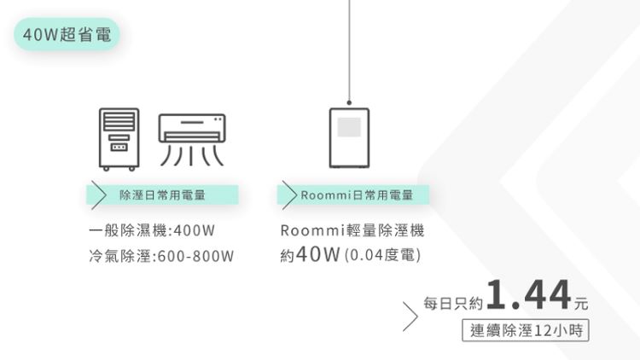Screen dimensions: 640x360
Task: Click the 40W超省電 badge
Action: (67, 34)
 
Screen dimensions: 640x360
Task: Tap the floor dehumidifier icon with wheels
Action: (119, 139)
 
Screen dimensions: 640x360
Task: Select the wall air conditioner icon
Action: (192, 140)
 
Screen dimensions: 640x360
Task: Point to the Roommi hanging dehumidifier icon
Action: (349, 138)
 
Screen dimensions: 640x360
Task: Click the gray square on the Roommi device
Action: (349, 127)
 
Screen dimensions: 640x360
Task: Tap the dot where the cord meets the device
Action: (349, 102)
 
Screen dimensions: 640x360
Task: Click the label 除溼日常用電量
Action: (162, 195)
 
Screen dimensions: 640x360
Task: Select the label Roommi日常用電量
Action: (358, 195)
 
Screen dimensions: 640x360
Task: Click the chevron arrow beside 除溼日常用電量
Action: (98, 195)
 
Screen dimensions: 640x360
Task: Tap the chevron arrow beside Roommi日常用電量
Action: (289, 195)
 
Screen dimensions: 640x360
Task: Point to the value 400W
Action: (194, 230)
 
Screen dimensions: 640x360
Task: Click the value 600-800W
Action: (195, 256)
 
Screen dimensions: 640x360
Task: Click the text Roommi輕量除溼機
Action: (352, 230)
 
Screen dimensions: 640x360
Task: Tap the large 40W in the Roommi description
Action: (318, 254)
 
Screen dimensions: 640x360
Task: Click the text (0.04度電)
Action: (382, 255)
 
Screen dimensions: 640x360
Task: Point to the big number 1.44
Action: (528, 293)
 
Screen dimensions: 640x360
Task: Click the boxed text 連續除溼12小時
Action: (526, 330)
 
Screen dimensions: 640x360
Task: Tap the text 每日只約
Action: (453, 303)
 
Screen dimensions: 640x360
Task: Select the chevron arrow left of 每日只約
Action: (410, 316)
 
